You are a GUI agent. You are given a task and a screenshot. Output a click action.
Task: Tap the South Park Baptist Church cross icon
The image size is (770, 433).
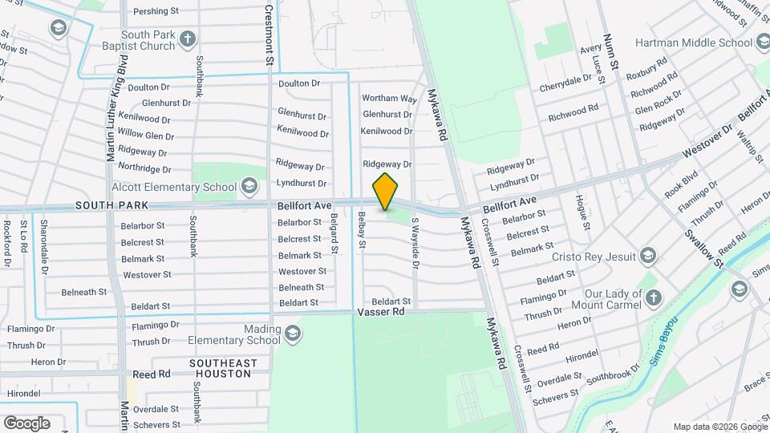[187, 39]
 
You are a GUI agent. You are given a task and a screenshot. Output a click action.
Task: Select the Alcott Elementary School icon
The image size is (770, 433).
[249, 187]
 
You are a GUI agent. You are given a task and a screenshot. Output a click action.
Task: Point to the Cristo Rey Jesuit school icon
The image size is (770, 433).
[648, 257]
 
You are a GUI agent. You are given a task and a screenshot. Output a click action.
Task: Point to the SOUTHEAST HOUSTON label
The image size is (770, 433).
[224, 369]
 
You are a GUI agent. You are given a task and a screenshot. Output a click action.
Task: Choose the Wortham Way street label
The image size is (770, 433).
[390, 99]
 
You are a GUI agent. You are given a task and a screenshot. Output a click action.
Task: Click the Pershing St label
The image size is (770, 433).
[156, 11]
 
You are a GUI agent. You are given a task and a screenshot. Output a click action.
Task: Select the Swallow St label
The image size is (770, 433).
[703, 246]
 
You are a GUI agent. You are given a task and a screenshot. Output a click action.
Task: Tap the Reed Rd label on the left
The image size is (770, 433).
[152, 374]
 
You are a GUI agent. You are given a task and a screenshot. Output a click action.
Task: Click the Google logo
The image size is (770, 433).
[26, 423]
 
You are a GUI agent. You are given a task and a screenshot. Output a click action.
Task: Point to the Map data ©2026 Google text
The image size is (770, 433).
[719, 427]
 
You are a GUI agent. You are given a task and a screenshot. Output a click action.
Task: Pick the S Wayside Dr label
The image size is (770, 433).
[415, 237]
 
